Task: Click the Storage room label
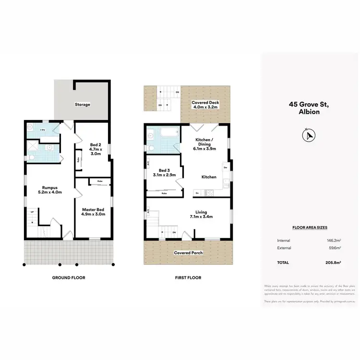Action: point(82,104)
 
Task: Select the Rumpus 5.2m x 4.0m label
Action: point(50,189)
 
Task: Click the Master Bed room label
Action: point(94,210)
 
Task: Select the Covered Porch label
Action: point(188,252)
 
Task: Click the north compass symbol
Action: point(308,136)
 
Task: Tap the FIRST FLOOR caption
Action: point(188,277)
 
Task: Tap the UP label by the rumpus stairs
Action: point(32,212)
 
